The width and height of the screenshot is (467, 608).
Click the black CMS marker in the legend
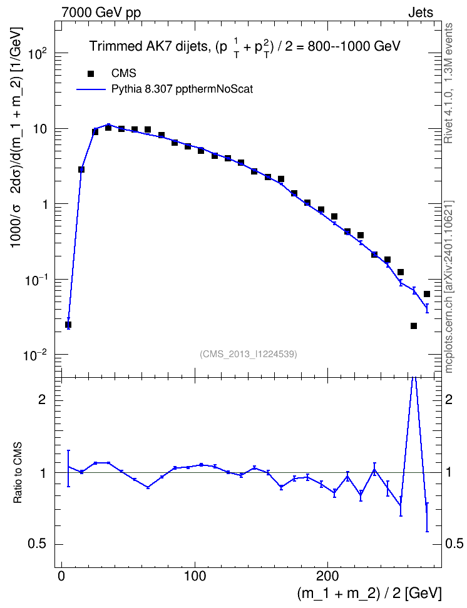click(91, 73)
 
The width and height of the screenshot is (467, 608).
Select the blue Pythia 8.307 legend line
click(91, 89)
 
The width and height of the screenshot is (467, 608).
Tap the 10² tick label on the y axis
click(38, 54)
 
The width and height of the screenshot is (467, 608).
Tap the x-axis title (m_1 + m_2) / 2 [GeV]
click(369, 593)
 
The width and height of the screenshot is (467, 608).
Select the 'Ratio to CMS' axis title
click(18, 473)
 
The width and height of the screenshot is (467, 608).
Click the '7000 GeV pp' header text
click(101, 13)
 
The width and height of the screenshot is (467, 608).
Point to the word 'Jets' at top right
click(421, 13)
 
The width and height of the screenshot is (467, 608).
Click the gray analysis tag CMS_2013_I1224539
click(249, 354)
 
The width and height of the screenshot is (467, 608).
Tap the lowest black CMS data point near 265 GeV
click(414, 326)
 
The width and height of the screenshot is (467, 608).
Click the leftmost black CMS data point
click(68, 325)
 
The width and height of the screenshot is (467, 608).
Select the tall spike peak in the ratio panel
click(414, 378)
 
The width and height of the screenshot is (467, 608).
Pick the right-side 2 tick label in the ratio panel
click(449, 400)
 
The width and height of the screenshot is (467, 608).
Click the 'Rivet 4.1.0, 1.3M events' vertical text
click(448, 83)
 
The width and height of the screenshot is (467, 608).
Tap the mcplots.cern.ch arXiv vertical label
click(448, 286)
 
